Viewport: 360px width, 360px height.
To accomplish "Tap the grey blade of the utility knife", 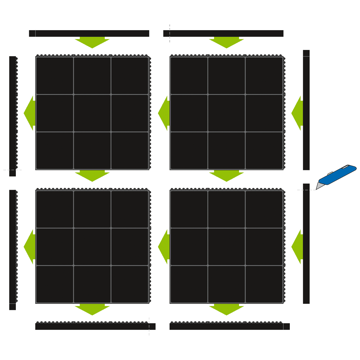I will coord(320,185).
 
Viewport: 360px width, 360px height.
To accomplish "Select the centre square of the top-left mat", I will coord(92,113).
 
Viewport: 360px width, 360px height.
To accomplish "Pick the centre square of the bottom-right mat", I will coord(226,247).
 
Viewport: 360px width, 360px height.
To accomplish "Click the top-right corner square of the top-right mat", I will coord(264,76).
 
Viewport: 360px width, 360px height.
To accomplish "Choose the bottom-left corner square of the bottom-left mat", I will coord(55,284).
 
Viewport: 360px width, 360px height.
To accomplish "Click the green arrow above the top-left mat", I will coord(92,42).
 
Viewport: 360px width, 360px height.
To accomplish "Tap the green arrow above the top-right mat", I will coord(226,42).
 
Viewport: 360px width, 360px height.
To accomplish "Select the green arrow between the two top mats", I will coord(164,113).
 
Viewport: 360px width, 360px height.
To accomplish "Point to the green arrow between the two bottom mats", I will coord(164,247).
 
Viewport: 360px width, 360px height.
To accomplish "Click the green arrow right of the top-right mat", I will coord(298,113).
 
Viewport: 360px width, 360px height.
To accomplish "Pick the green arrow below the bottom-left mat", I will coord(92,309).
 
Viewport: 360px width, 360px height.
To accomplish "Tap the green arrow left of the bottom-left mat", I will coord(30,247).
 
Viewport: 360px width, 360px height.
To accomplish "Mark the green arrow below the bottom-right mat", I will coord(226,309).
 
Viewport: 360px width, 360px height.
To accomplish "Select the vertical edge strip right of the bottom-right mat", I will coord(306,244).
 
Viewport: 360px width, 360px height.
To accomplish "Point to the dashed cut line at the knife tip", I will coord(306,190).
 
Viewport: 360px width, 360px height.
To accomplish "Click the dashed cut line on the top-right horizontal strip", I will coord(170,33).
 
